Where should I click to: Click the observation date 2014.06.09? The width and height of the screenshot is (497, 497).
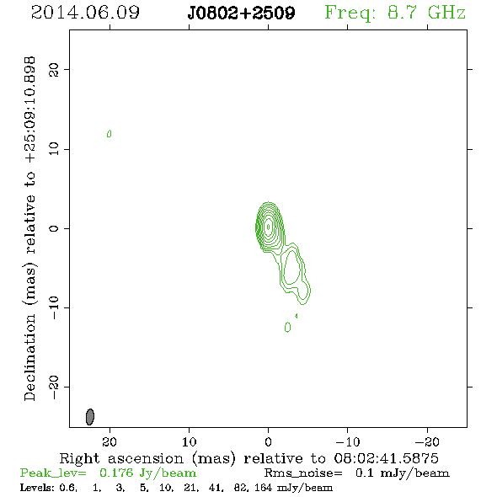coord(85,13)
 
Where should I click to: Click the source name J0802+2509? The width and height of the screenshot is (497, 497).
coord(241,13)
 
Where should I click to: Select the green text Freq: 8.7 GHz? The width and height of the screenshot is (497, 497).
coord(395,13)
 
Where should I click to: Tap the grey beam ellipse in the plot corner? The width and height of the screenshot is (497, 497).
coord(90,417)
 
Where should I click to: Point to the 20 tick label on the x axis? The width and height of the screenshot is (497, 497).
coord(110,442)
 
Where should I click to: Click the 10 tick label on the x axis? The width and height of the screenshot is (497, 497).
coord(189,442)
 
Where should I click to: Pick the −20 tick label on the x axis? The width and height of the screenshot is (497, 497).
coord(426,442)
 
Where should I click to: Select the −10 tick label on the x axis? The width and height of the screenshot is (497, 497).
coord(347,442)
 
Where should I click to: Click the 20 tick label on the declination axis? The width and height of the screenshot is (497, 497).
coord(54,69)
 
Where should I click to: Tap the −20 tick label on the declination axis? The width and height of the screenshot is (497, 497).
coord(54,387)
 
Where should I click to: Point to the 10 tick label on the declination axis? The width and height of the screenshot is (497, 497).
coord(54,149)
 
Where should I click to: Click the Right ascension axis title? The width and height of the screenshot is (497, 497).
coord(248,458)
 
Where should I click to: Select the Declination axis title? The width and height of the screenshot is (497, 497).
coord(30,229)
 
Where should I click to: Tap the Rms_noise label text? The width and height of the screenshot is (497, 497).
coord(303,473)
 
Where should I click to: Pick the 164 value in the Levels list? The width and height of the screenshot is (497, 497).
coord(263,488)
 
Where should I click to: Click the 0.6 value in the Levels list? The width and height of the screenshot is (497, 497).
coord(68,488)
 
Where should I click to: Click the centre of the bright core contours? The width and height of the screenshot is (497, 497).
coord(269,227)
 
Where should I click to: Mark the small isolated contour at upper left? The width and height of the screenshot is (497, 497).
coord(109,134)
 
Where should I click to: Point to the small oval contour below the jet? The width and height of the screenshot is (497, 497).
coord(287,327)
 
